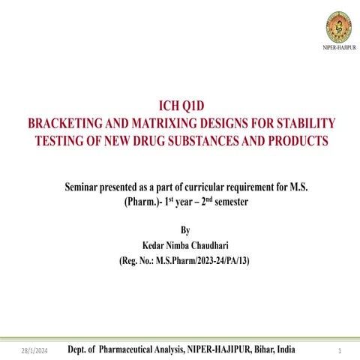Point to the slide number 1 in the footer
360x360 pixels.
click(340, 350)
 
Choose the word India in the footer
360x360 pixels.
click(286, 349)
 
